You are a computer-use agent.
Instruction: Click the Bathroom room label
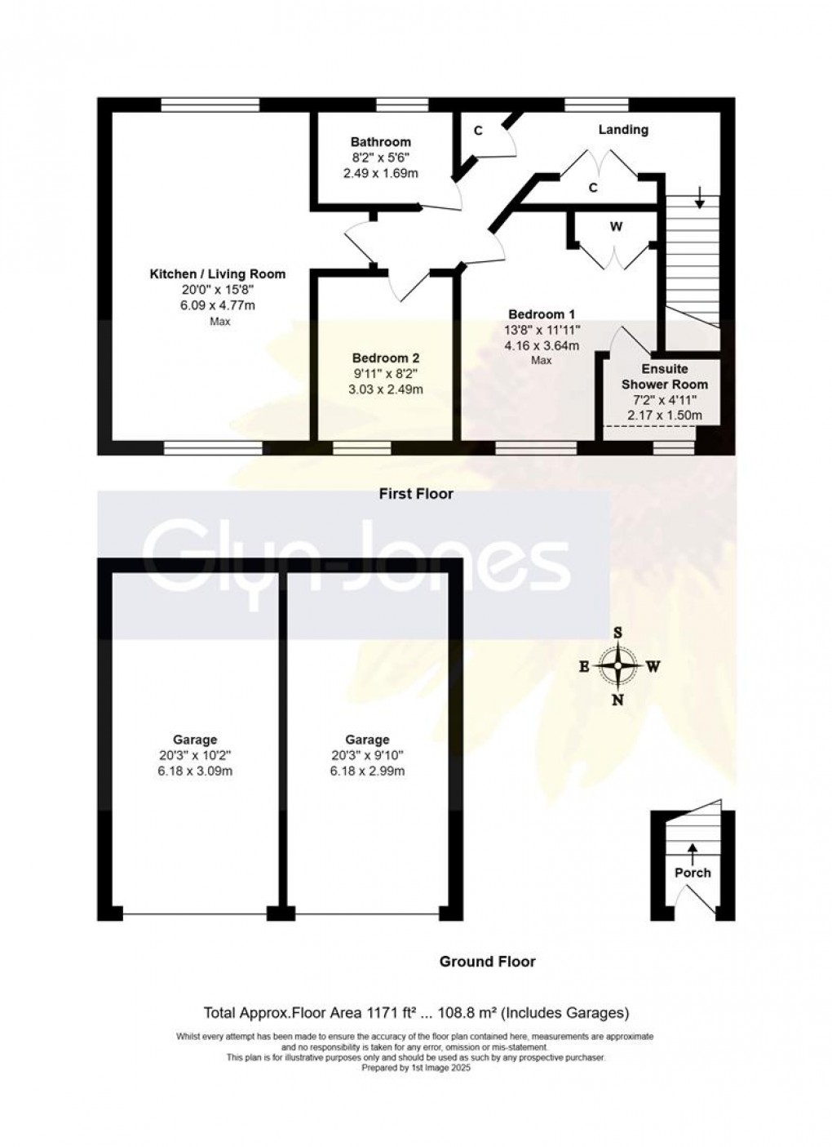click(x=380, y=142)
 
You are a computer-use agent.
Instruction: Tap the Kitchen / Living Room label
click(x=217, y=274)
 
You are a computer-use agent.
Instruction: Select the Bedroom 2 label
click(x=387, y=358)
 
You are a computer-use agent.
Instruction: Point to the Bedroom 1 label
click(x=542, y=314)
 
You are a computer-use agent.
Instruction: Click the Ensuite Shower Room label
click(x=665, y=376)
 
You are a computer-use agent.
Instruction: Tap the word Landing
click(x=623, y=130)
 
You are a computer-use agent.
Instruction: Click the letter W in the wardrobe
click(x=616, y=228)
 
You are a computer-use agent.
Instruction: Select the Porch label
click(x=693, y=873)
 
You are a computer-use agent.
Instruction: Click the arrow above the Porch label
click(x=693, y=852)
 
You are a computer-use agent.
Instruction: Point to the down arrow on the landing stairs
click(x=700, y=197)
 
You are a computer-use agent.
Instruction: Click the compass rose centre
click(x=618, y=666)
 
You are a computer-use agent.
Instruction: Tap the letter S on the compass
click(x=618, y=633)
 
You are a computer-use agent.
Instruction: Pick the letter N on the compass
click(x=618, y=700)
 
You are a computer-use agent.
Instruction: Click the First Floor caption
click(x=416, y=494)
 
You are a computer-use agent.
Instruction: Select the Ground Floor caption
click(x=488, y=962)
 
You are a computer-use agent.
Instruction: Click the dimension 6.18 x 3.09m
click(x=195, y=771)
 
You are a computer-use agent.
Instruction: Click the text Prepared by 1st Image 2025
click(x=416, y=1067)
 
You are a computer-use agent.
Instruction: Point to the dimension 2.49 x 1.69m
click(x=380, y=173)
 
